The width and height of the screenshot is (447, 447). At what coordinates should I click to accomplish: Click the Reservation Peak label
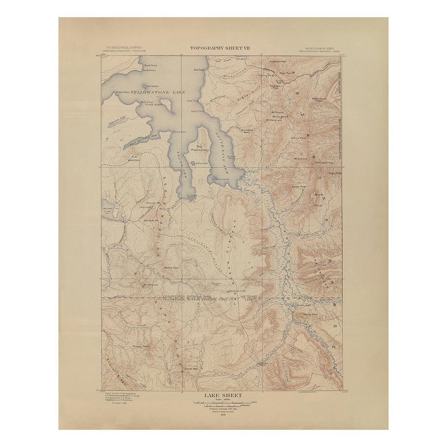(319, 99)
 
